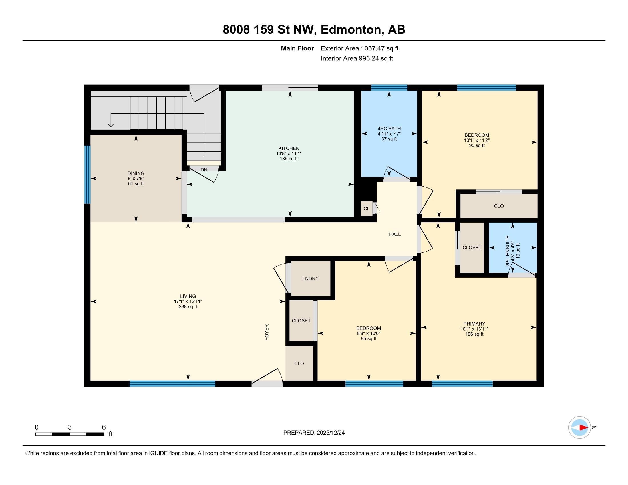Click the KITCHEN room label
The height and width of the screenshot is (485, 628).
tap(289, 149)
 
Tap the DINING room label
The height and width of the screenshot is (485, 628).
tap(136, 173)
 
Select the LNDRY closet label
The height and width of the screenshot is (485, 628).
tap(310, 278)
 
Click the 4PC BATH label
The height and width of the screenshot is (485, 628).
tap(389, 129)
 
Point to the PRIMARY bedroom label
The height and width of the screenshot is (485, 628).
tap(474, 324)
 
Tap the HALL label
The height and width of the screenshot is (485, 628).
tap(395, 234)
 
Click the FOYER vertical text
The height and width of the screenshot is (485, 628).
tap(267, 332)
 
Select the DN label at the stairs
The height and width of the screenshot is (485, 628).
tap(204, 170)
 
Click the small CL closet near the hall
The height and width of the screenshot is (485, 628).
tap(366, 209)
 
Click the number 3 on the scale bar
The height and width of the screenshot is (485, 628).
tap(70, 427)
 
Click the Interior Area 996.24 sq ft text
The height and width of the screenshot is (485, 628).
tap(357, 58)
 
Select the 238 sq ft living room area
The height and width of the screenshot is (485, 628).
tap(188, 307)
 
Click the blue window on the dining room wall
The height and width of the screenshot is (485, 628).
tap(87, 174)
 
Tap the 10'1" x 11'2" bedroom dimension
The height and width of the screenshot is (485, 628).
tap(476, 140)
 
